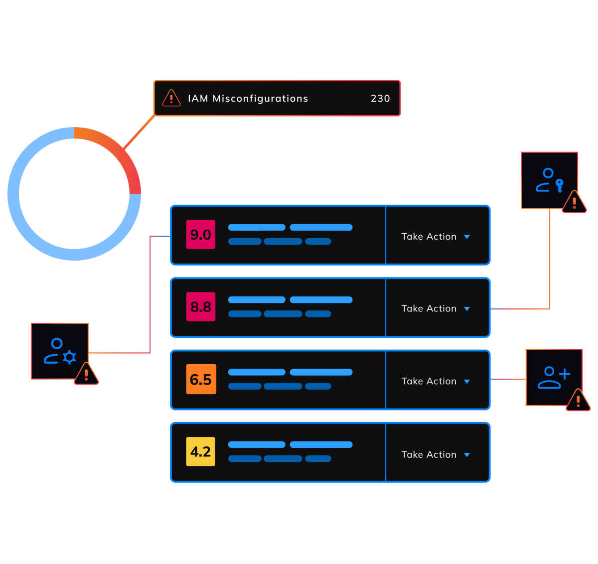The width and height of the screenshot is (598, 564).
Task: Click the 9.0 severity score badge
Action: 201,234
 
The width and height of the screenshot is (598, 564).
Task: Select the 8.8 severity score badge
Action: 201,306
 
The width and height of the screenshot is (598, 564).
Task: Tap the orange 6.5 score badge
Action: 201,379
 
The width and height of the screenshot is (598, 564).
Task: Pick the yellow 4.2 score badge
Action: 201,451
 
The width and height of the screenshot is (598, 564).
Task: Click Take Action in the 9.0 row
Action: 429,237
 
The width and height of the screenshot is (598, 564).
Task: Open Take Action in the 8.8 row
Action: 429,309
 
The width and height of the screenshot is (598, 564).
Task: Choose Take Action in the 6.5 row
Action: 429,381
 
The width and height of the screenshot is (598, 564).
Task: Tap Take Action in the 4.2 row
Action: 429,454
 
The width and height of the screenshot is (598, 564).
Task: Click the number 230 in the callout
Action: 380,99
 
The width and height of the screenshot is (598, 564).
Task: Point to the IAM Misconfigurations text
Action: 248,99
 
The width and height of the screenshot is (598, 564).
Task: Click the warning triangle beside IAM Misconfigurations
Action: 171,98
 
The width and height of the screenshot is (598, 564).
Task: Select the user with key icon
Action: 549,180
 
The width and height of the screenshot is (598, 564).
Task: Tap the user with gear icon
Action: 59,351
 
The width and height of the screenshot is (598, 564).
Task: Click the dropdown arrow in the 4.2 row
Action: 467,455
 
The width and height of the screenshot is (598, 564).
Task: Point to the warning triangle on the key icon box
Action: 574,203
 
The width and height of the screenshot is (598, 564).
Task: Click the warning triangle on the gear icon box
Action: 86,375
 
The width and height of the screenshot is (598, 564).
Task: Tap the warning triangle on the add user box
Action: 578,401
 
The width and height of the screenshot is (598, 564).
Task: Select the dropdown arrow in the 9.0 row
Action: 467,237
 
